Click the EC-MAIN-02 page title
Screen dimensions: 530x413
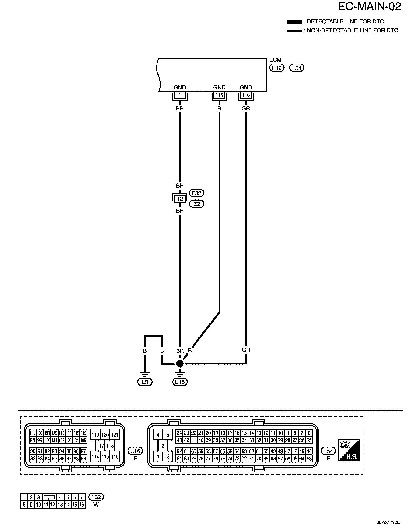[x=369, y=7]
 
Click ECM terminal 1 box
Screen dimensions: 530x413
[x=180, y=95]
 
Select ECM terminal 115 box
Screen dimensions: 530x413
[x=219, y=95]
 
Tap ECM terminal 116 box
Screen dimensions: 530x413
[x=246, y=95]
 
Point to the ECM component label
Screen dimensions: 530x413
[x=275, y=60]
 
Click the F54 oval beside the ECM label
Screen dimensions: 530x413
[x=297, y=68]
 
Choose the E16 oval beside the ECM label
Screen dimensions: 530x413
[x=276, y=68]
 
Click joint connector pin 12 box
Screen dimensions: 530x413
[x=180, y=199]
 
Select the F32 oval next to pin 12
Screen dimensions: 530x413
[x=197, y=193]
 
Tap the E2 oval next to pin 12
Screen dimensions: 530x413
[x=197, y=204]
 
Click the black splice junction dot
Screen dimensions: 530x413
[x=180, y=364]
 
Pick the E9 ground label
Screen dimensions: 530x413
[x=145, y=382]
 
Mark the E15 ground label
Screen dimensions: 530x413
[x=180, y=382]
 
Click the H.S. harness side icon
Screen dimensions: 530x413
[x=349, y=450]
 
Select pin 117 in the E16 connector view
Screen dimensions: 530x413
[x=100, y=446]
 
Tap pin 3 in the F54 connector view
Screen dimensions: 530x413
[x=163, y=446]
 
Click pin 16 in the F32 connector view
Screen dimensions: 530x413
[x=82, y=505]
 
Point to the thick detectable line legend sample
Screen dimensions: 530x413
[x=294, y=22]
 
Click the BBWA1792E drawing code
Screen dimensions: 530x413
[x=388, y=522]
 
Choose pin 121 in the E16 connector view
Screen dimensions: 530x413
[x=115, y=435]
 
